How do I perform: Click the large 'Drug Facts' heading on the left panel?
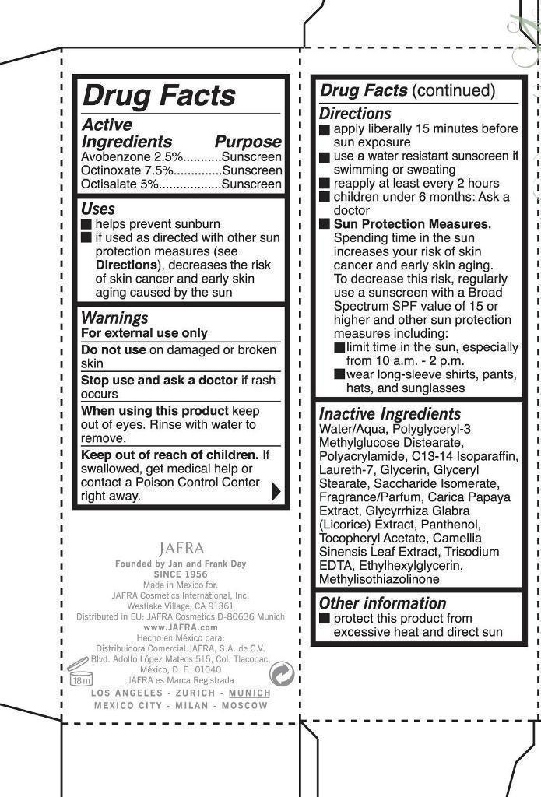(x=159, y=96)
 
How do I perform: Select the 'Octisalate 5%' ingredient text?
(x=120, y=184)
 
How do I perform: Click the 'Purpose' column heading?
(x=248, y=142)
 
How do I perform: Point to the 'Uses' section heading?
(x=98, y=209)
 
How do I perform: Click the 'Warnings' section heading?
(x=114, y=318)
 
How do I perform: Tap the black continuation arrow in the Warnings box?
(x=276, y=491)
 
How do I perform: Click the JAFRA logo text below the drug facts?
(x=181, y=548)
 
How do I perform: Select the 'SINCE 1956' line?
(x=180, y=574)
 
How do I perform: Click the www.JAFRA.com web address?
(x=181, y=627)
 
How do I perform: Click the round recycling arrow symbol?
(x=281, y=673)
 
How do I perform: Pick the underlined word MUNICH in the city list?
(x=250, y=693)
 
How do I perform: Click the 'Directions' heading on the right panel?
(x=355, y=114)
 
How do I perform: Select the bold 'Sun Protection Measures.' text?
(x=413, y=224)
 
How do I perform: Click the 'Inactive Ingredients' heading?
(x=390, y=414)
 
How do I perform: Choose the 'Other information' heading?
(x=382, y=603)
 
